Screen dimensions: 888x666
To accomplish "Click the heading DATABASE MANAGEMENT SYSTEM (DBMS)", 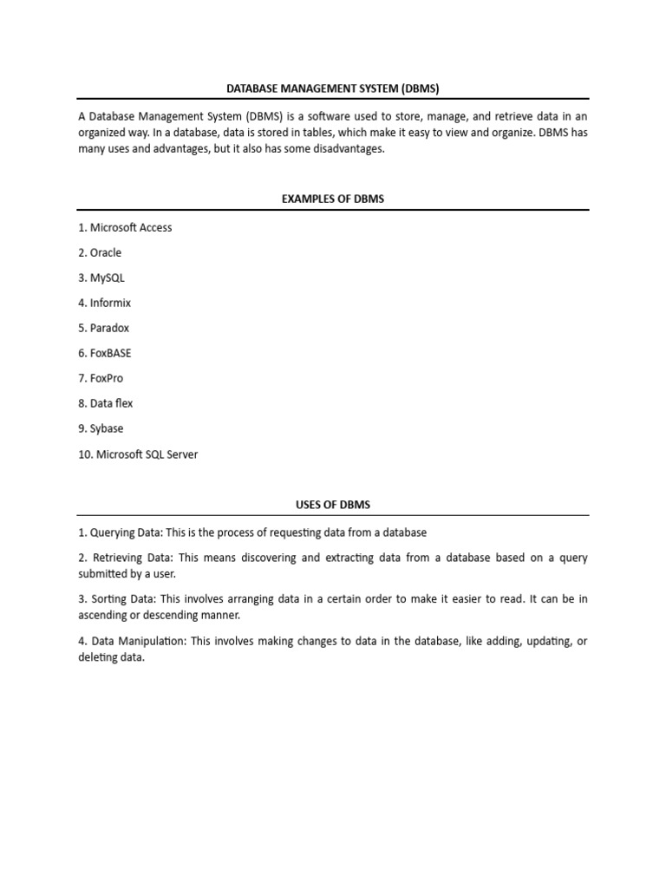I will click(333, 88).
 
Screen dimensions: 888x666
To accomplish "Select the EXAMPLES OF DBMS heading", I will click(333, 199).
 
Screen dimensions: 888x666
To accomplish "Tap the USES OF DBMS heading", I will click(333, 505).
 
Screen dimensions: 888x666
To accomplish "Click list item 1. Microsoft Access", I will click(125, 228).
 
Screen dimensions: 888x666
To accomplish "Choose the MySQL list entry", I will click(101, 278).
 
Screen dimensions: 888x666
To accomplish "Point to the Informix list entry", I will click(104, 304).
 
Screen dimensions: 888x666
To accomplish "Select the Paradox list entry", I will click(103, 329).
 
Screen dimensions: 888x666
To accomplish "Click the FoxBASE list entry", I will click(105, 354).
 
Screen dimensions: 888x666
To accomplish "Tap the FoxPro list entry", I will click(101, 379).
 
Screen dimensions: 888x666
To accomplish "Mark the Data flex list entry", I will click(105, 404).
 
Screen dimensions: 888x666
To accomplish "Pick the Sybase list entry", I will click(101, 429).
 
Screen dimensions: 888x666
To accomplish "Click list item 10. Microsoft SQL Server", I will click(138, 454).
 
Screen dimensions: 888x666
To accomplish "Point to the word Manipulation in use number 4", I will click(151, 641).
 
